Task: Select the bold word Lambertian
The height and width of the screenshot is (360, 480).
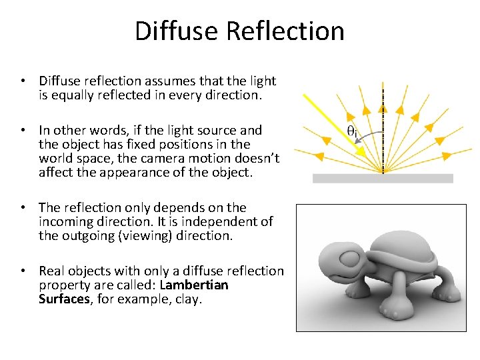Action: click(x=194, y=285)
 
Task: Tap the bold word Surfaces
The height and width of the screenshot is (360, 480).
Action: click(x=63, y=299)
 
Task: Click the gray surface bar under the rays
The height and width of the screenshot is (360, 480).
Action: click(x=383, y=178)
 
